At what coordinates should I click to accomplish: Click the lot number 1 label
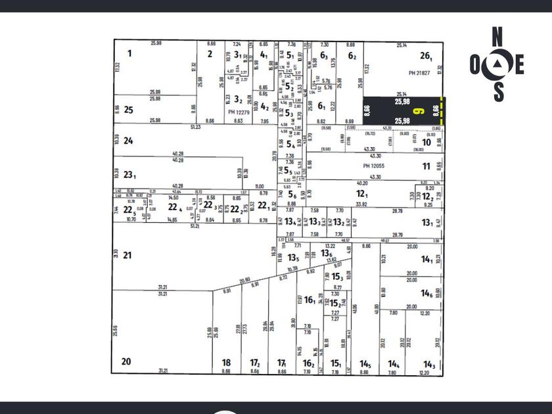tap(129, 53)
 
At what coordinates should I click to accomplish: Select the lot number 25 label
tap(129, 110)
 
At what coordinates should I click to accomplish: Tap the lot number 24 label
tap(129, 140)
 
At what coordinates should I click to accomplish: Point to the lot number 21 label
tap(127, 255)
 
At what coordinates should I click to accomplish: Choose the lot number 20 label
tap(126, 361)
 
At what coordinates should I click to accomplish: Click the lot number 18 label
tap(226, 363)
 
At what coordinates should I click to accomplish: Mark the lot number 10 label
tap(426, 143)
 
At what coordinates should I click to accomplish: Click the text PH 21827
tap(421, 72)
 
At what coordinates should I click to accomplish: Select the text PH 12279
tap(241, 112)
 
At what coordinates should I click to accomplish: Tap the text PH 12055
tap(373, 167)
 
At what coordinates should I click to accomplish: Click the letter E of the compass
tap(519, 64)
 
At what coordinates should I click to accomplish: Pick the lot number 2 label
tap(210, 54)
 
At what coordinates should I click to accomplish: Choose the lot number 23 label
tap(129, 175)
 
